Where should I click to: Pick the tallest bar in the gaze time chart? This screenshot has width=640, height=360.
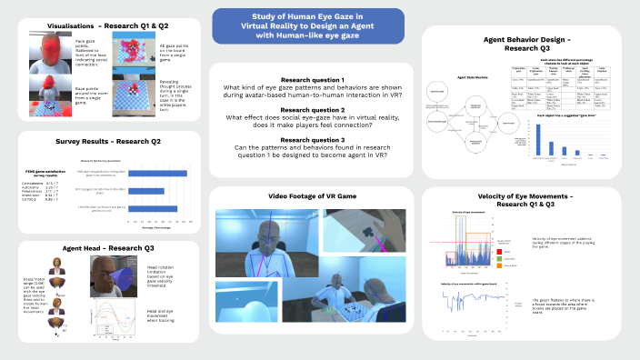pyautogui.click(x=539, y=137)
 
